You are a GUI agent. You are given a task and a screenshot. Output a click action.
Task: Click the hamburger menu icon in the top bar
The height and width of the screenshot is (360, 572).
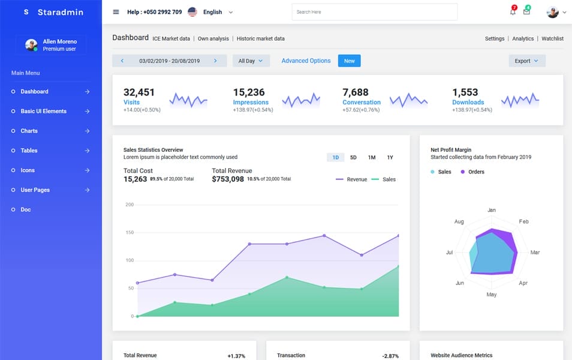point(116,12)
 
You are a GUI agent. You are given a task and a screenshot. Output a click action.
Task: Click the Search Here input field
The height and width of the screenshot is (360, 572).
point(374,12)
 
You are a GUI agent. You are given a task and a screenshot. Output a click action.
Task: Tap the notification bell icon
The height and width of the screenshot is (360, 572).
point(513,12)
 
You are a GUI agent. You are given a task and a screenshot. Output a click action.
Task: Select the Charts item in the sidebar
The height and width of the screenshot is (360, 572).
point(29,131)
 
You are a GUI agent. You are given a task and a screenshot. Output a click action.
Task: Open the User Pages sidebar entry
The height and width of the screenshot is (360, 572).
point(35,190)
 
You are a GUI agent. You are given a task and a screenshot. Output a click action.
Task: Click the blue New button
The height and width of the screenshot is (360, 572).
point(349,61)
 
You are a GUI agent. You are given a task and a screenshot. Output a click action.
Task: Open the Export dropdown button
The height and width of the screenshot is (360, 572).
point(526,61)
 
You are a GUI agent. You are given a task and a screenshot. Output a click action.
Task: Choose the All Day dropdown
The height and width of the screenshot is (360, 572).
point(251,61)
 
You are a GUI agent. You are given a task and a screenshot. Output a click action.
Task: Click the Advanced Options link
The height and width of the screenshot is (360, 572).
point(306,61)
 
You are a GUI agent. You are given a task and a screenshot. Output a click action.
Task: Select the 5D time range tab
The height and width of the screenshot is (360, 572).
point(353,157)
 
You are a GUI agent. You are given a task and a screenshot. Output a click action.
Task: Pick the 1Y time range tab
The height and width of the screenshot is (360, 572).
point(390,157)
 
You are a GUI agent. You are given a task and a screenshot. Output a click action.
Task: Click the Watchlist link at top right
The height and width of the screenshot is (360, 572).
point(552,38)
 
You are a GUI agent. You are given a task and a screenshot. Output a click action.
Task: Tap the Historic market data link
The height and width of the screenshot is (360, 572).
point(260,38)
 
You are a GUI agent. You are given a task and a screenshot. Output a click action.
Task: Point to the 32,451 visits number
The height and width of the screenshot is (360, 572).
point(139,92)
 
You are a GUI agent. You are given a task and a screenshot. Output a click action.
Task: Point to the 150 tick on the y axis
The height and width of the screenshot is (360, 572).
point(129,232)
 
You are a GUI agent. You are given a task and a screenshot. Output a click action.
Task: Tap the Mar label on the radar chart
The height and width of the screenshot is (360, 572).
point(535,253)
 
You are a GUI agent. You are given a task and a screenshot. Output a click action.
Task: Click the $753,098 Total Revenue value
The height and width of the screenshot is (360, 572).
point(228,179)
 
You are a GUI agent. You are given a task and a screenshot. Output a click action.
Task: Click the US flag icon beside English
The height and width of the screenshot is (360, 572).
point(192,12)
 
